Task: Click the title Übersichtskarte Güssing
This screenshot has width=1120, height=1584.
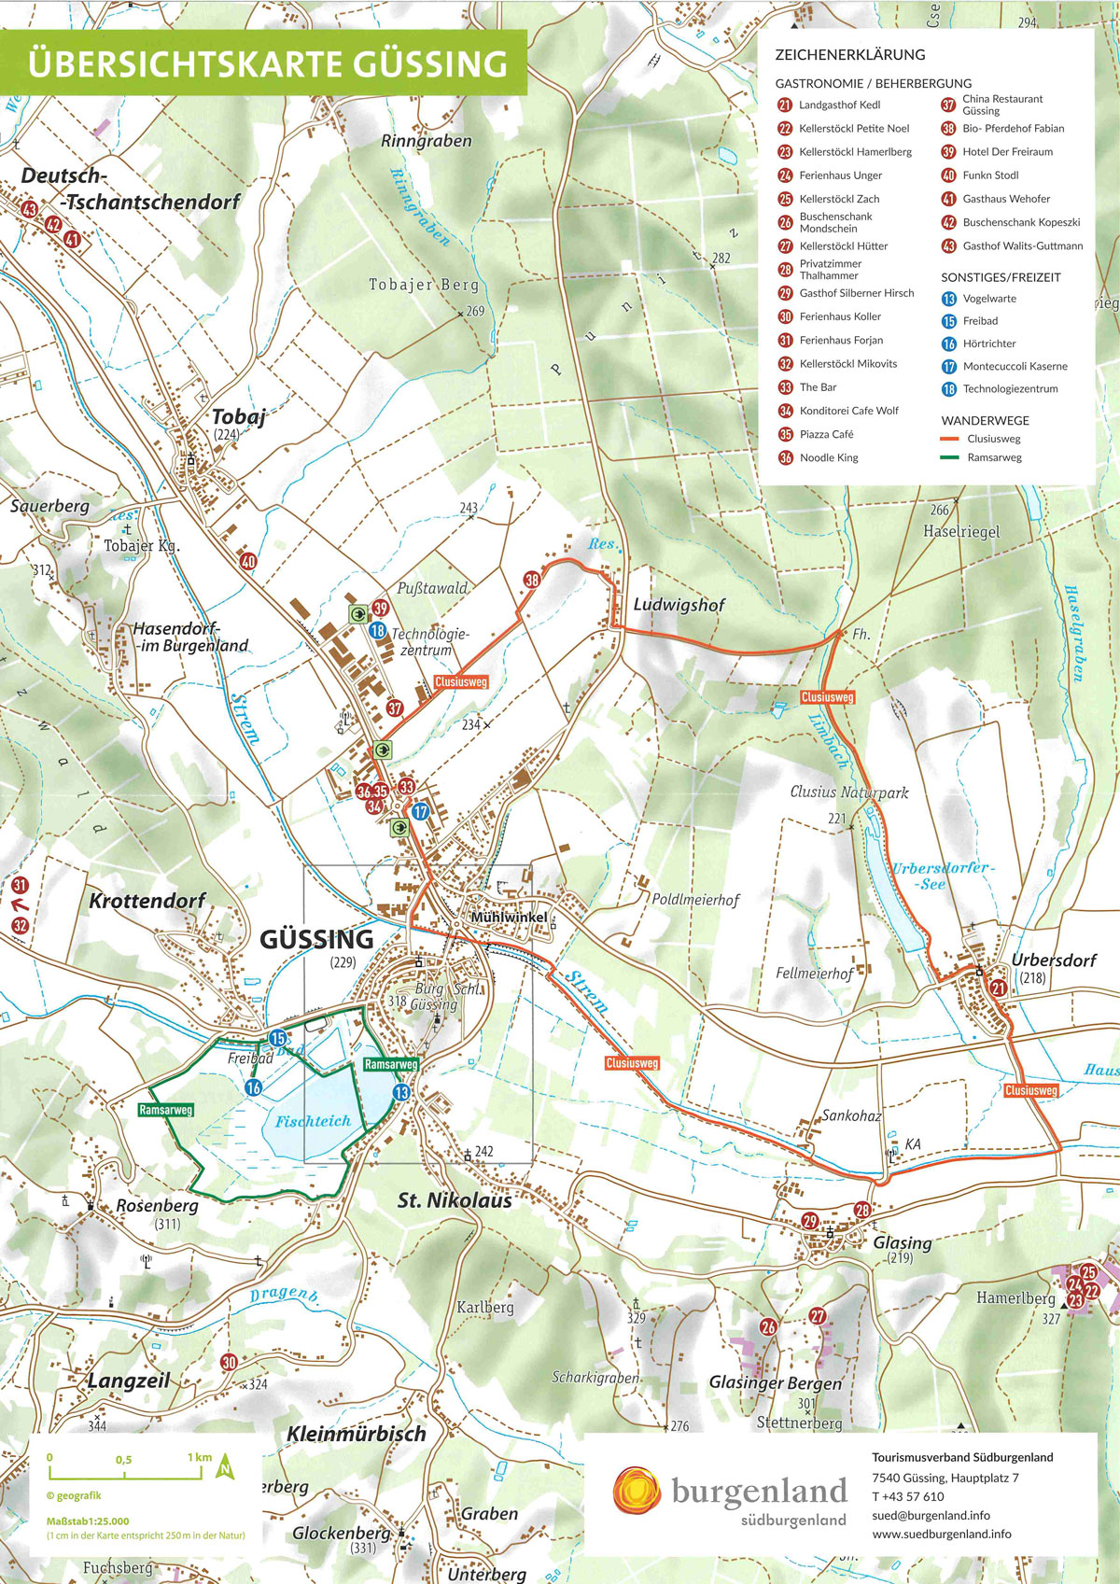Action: point(267,63)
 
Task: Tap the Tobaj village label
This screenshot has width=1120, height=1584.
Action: point(238,417)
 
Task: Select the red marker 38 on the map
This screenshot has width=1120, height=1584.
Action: point(531,580)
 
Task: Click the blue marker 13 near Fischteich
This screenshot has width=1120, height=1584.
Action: point(401,1092)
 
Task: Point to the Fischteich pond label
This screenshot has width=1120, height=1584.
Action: point(313,1121)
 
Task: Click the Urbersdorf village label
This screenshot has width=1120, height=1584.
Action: point(1054,960)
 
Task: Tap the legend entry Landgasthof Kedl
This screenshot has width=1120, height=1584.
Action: point(839,105)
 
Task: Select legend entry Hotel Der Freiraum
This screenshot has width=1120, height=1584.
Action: point(1007,152)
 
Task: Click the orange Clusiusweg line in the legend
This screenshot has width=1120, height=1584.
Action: point(950,439)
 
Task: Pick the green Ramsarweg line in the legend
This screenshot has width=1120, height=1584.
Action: point(950,457)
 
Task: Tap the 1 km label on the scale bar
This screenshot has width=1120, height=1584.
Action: point(200,1457)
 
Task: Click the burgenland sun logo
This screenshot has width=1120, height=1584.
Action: point(637,1490)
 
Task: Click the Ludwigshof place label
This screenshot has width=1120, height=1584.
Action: point(679,605)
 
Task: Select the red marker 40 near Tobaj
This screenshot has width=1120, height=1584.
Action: point(248,561)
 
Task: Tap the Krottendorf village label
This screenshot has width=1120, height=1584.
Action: point(147,901)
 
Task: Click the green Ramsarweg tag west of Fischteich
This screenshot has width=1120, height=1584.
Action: point(165,1110)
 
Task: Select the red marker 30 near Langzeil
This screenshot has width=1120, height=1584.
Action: point(229,1363)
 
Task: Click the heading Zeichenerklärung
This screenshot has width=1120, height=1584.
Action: point(849,55)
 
